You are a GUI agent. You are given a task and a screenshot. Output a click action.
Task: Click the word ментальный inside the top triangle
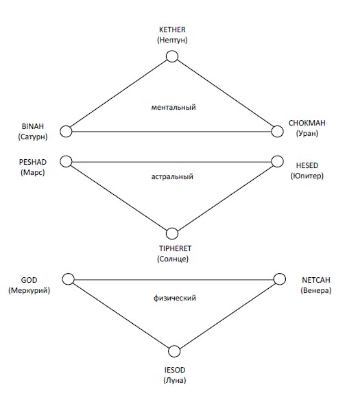[173, 107]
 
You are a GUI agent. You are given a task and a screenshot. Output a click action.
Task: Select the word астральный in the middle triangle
[172, 176]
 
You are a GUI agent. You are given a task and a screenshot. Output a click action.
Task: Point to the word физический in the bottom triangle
[175, 298]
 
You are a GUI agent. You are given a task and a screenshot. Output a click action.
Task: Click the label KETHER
[172, 30]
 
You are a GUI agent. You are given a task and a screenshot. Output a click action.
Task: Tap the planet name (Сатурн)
[33, 137]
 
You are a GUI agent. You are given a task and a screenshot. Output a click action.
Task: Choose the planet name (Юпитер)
[307, 176]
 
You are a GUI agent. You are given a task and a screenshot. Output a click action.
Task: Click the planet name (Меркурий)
[29, 290]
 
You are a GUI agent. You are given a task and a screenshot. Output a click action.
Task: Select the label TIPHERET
[175, 248]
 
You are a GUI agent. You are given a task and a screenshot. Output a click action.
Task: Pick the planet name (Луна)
[175, 380]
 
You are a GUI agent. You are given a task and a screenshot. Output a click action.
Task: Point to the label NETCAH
[316, 280]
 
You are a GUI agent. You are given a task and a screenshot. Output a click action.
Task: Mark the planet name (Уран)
[307, 133]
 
